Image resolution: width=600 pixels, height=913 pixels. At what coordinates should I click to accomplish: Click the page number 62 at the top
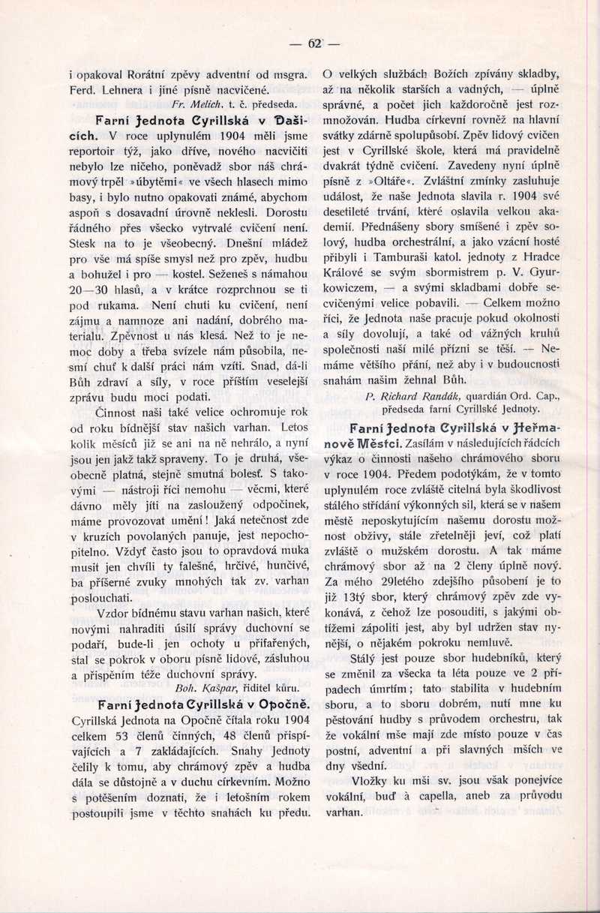[314, 44]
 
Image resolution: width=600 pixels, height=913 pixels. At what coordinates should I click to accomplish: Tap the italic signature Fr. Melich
[194, 104]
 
